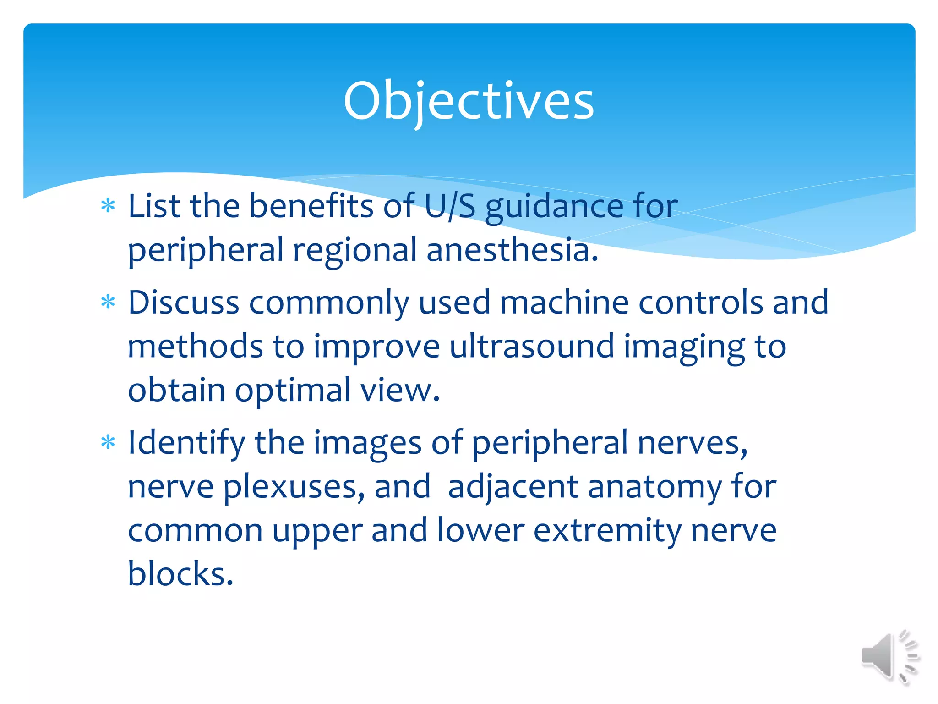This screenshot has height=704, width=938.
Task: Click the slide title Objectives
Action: pos(468,101)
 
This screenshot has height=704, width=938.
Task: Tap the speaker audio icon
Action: pos(889,656)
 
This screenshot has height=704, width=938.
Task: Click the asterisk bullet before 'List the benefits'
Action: pos(108,206)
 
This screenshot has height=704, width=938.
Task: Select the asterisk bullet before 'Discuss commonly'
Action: pos(108,302)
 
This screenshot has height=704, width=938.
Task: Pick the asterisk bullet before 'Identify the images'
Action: pos(108,443)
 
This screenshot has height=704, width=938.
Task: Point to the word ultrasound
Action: pos(531,346)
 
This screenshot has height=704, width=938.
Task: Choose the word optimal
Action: pos(293,391)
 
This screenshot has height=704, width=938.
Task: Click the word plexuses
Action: pos(294,487)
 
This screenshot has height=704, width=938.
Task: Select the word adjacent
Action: pos(513,487)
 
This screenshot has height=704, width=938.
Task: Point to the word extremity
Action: pos(607,531)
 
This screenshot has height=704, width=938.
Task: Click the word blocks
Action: pos(180,574)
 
